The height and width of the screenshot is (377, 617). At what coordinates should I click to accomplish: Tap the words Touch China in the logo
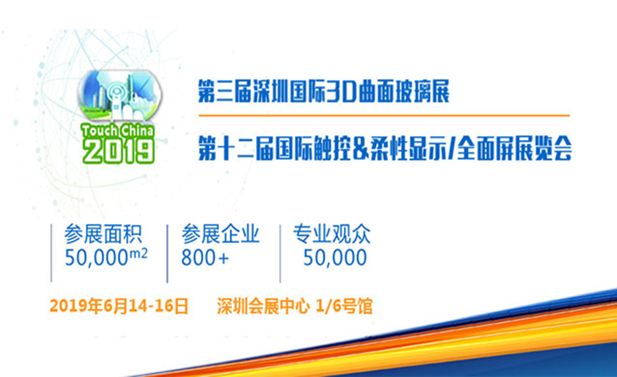pos(117,130)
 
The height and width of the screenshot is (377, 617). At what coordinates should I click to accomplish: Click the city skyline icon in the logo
pos(119,96)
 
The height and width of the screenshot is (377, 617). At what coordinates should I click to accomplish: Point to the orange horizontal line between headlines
pos(384,116)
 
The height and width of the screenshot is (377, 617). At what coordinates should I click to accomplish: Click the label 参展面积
pos(103,234)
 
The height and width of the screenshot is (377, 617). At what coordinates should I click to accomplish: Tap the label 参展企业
pos(221,234)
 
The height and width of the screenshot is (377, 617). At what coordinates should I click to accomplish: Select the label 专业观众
pos(332,234)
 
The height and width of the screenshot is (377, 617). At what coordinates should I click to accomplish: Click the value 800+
pos(205,258)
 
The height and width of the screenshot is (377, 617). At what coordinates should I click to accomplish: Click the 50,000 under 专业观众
pos(335,258)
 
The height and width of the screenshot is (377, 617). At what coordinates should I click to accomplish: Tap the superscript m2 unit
pos(139,254)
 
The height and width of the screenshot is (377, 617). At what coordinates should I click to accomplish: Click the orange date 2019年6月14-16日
pos(119,306)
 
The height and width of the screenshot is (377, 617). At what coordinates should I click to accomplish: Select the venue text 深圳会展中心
pos(262,306)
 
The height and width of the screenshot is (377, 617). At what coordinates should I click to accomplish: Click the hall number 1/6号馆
pos(344,306)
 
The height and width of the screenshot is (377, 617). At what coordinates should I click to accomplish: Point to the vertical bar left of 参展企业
pos(167,254)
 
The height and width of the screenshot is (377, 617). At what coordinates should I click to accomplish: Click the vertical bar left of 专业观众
pos(280,254)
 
